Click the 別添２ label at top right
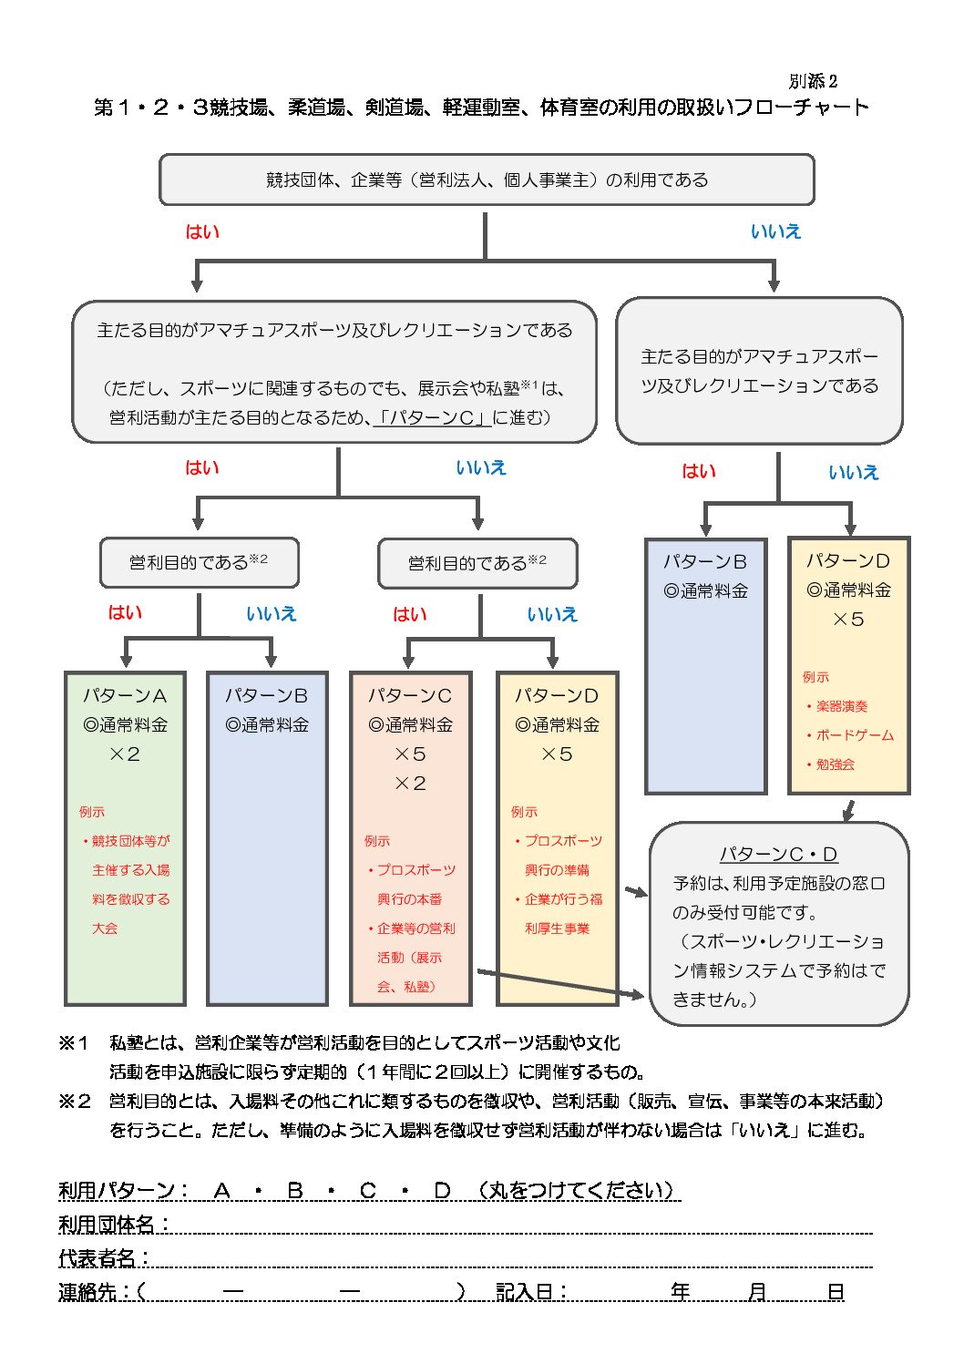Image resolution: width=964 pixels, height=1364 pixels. tap(813, 81)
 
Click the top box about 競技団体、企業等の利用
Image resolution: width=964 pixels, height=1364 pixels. tap(487, 179)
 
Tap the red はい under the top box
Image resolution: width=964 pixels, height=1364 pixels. tap(202, 231)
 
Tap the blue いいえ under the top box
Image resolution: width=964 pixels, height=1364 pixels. tap(775, 231)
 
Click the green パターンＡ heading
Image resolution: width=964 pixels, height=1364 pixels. tap(125, 696)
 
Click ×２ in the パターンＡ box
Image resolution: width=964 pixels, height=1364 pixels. tap(125, 754)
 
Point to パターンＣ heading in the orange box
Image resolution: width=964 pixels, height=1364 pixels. tap(410, 696)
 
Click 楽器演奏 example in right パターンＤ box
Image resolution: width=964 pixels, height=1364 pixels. tap(841, 706)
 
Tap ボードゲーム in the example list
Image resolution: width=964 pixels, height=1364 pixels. tap(855, 735)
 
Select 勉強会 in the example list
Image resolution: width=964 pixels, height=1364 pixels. tap(835, 764)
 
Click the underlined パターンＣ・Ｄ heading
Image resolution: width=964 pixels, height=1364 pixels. tap(778, 854)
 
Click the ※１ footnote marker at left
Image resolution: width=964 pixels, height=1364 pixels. tap(74, 1042)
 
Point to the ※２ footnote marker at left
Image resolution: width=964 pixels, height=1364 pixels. tap(74, 1101)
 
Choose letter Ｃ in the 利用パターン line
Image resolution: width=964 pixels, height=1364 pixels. tap(368, 1190)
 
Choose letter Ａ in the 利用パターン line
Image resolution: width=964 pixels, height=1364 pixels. tap(221, 1190)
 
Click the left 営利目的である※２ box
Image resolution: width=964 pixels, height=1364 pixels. tap(199, 563)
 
